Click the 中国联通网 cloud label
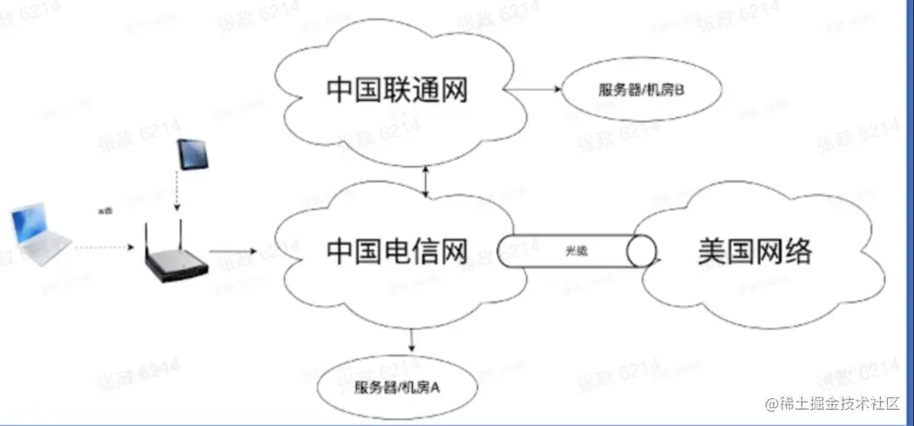[396, 90]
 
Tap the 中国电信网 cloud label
[396, 251]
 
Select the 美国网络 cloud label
[755, 251]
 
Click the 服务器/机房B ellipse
[641, 89]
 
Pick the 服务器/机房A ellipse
[398, 388]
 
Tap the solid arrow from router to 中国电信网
[233, 250]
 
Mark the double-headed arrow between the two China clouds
[427, 181]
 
